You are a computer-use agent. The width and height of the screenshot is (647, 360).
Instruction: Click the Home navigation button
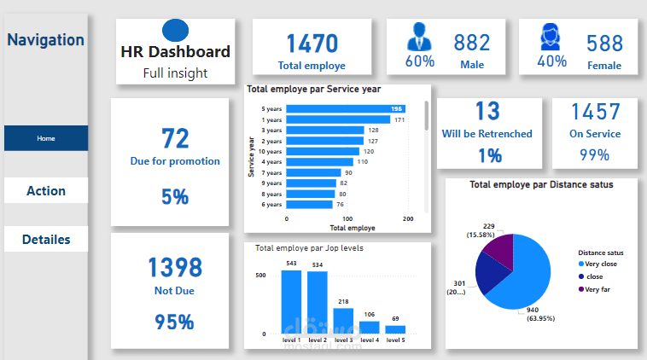45,138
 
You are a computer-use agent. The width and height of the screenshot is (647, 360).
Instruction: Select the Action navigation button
45,190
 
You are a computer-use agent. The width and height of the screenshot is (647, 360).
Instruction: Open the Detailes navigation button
45,240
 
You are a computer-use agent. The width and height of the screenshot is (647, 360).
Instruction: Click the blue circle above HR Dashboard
174,31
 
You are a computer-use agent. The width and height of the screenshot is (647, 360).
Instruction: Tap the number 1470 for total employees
312,44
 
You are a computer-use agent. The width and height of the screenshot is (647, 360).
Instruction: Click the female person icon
551,37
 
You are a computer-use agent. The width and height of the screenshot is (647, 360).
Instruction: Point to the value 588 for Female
604,43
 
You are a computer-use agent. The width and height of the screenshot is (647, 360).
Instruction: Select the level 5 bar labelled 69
395,329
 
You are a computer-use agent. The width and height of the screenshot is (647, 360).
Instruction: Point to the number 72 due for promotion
175,138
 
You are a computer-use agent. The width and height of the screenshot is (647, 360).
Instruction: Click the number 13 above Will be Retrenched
487,112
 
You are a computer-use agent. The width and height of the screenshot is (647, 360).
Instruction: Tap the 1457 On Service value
595,112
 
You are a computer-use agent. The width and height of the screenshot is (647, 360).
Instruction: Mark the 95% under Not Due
174,322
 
